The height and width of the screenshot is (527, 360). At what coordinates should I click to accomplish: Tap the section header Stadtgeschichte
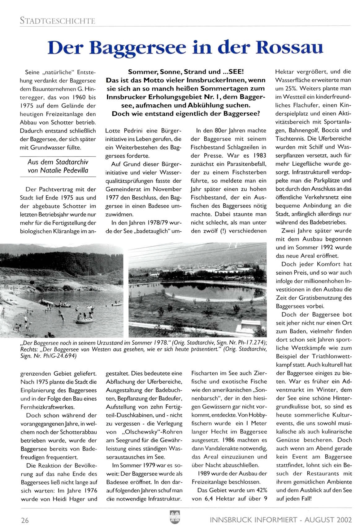pyautogui.click(x=57, y=21)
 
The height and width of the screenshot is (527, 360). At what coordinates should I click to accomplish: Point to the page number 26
pyautogui.click(x=25, y=520)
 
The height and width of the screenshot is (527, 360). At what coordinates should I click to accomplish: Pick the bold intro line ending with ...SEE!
pyautogui.click(x=186, y=72)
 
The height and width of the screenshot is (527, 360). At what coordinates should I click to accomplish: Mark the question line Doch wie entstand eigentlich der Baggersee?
pyautogui.click(x=186, y=114)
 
